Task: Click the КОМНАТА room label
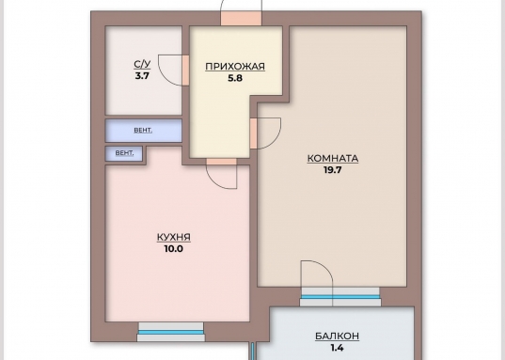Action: tap(333, 159)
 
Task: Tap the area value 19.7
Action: tap(332, 170)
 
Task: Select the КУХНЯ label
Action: tap(174, 237)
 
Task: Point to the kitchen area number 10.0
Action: tap(174, 248)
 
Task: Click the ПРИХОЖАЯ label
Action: tap(235, 67)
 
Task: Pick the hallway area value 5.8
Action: tap(235, 78)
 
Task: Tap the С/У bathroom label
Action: tap(142, 65)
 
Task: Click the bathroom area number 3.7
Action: tap(142, 76)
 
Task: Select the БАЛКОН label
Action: tap(337, 337)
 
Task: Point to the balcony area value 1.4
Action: tap(337, 348)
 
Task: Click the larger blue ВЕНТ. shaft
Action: tap(144, 131)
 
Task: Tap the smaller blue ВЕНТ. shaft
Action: tap(124, 153)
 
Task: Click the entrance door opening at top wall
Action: tap(241, 18)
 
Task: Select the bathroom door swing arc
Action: tap(165, 77)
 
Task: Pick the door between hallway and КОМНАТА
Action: tap(254, 133)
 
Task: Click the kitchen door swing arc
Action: tap(214, 181)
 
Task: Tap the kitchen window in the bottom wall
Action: tap(171, 332)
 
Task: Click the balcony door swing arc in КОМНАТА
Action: tap(324, 267)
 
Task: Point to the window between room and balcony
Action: tap(340, 297)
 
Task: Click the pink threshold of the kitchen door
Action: tap(222, 162)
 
